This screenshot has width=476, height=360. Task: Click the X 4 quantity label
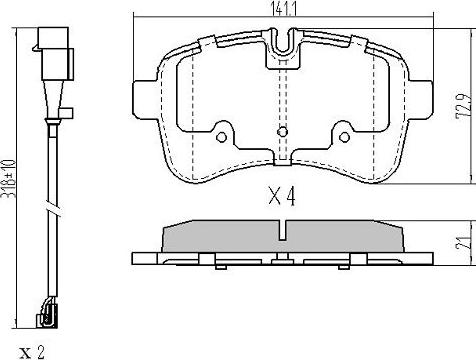coord(283,198)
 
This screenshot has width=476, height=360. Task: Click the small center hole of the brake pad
coord(283,130)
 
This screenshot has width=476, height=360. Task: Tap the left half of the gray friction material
coord(220,237)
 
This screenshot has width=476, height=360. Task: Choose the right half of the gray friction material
coord(346,237)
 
